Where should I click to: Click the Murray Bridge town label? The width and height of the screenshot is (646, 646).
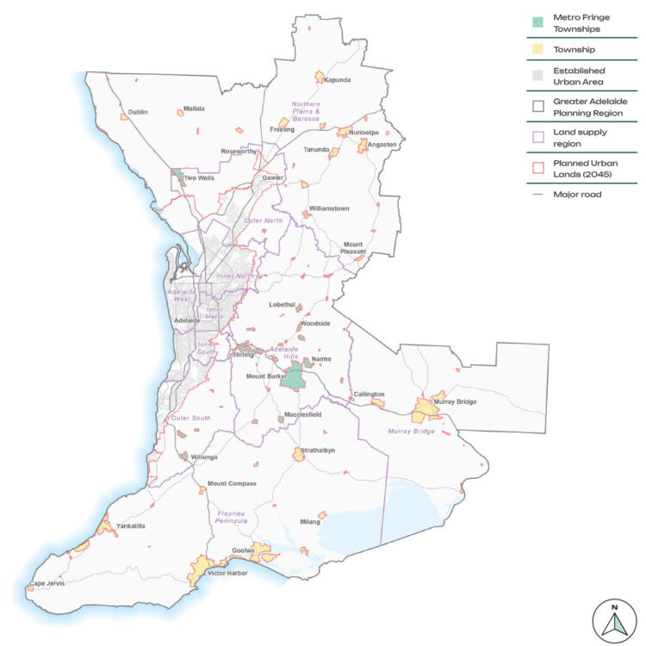point(456,402)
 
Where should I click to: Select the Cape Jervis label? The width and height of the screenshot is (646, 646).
point(47,583)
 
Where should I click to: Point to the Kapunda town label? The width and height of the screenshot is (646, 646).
point(338,80)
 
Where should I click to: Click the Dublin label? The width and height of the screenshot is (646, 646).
point(138,112)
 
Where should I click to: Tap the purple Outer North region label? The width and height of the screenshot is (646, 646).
point(263,221)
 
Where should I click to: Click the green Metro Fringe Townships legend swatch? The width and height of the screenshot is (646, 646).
point(538,20)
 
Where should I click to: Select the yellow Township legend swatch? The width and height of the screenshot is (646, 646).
point(538,49)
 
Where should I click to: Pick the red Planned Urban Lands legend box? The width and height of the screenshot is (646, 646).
point(538,166)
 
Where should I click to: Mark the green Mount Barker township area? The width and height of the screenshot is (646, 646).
point(295,376)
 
